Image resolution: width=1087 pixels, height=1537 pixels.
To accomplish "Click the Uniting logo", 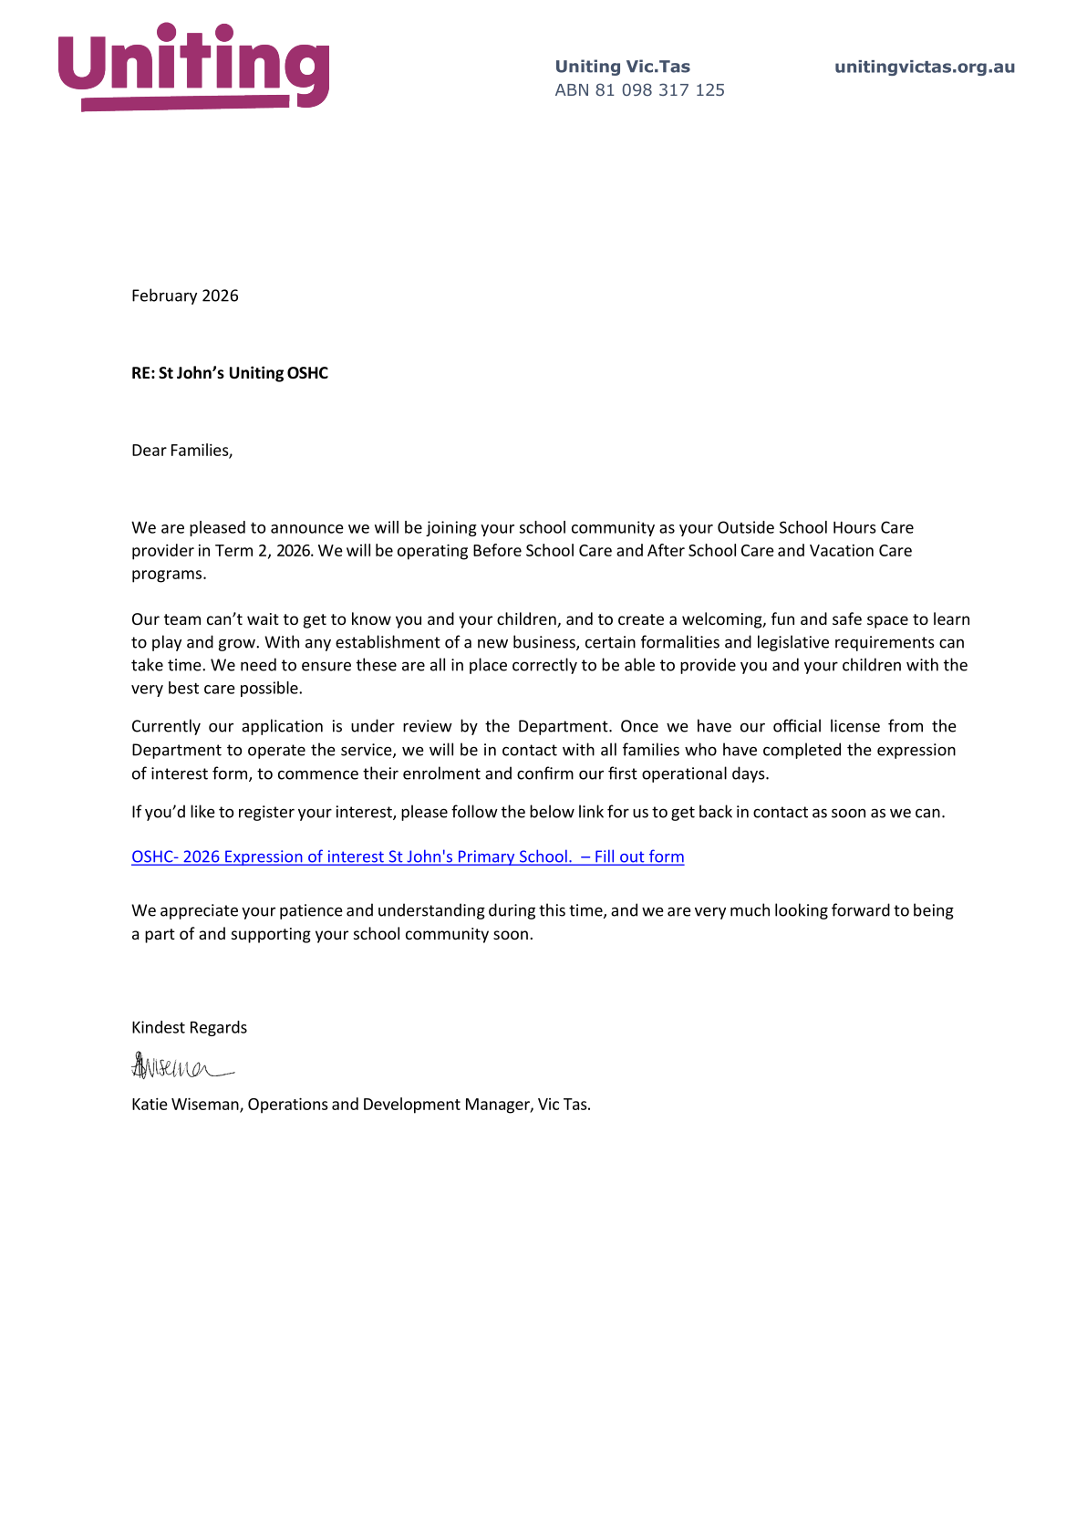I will (193, 67).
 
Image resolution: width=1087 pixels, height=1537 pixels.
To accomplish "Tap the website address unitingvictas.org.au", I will (924, 67).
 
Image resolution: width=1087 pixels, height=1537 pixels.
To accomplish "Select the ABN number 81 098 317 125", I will (659, 90).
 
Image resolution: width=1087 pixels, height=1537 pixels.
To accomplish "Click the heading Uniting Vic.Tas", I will (622, 67).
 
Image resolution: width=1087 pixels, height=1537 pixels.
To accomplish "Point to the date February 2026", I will (185, 296).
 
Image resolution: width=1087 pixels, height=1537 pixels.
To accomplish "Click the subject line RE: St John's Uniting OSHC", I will (230, 373).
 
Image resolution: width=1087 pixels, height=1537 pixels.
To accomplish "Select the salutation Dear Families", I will (182, 451).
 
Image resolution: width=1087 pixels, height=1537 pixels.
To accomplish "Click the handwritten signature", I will (181, 1066).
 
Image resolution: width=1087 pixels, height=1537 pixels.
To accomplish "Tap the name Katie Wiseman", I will (186, 1105).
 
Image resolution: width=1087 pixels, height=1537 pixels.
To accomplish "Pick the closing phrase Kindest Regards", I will (189, 1028).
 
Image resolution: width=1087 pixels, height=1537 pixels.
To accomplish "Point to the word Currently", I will (165, 727).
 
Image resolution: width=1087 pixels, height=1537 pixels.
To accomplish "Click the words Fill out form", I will (639, 857).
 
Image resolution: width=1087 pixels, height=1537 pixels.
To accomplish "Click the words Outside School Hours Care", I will (815, 527).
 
